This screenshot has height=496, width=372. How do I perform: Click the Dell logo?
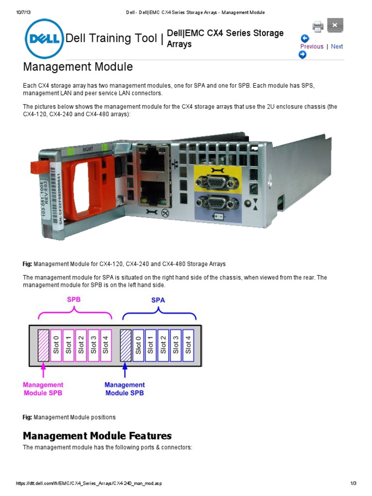coord(44,38)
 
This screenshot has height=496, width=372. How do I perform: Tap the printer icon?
coord(318,26)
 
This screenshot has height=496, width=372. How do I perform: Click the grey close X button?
coord(335,25)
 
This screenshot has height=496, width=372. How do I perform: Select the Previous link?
coord(311,46)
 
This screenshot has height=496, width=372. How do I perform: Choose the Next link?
coord(337,46)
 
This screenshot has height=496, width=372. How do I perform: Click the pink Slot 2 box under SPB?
coord(81,345)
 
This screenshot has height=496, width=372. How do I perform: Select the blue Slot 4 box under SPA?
coord(188,345)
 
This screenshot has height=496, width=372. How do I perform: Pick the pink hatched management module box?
coord(43,345)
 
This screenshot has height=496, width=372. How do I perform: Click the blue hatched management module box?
coord(125,345)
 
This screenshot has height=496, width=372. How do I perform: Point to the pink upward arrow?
coord(43,371)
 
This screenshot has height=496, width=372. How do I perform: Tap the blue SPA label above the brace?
coord(158,300)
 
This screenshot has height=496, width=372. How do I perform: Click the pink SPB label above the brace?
coord(74,300)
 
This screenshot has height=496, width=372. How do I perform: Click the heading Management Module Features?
coord(97,435)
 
